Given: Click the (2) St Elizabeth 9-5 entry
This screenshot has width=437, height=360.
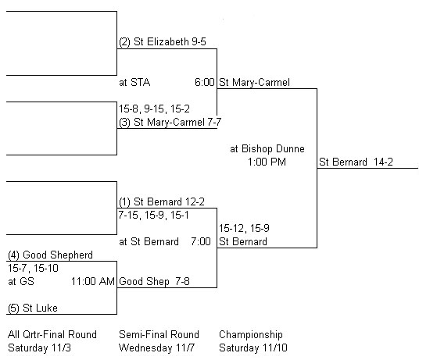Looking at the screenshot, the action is pyautogui.click(x=163, y=42).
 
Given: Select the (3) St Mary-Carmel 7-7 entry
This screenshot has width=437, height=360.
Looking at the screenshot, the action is pyautogui.click(x=170, y=123).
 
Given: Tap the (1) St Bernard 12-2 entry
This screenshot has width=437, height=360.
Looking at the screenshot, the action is pyautogui.click(x=162, y=201).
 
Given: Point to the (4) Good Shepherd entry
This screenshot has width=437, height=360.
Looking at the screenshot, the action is pyautogui.click(x=50, y=255).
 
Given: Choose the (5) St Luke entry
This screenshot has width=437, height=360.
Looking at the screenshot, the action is pyautogui.click(x=33, y=308).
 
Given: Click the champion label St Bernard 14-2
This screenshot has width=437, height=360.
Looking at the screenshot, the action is pyautogui.click(x=356, y=162).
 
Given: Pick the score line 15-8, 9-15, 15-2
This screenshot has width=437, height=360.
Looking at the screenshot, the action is pyautogui.click(x=155, y=109).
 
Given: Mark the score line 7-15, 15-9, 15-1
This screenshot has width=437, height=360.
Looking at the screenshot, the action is pyautogui.click(x=153, y=216).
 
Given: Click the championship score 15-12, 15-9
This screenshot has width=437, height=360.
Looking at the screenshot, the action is pyautogui.click(x=244, y=229).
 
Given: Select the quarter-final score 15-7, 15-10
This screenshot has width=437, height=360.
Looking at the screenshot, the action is pyautogui.click(x=33, y=269).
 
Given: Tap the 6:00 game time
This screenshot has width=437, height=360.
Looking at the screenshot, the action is pyautogui.click(x=205, y=83).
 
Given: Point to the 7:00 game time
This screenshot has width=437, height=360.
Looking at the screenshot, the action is pyautogui.click(x=201, y=241).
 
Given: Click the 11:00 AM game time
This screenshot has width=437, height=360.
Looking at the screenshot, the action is pyautogui.click(x=93, y=281).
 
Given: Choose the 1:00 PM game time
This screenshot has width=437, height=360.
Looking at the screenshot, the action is pyautogui.click(x=267, y=162).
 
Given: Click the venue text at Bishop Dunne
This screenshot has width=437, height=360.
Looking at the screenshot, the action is pyautogui.click(x=267, y=148).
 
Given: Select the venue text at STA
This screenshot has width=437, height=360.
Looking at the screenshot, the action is pyautogui.click(x=134, y=83).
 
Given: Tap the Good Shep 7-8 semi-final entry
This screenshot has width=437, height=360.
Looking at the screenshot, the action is pyautogui.click(x=155, y=281).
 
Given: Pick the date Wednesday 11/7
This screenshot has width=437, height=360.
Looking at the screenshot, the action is pyautogui.click(x=156, y=348).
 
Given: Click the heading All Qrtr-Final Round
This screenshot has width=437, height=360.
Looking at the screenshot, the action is pyautogui.click(x=52, y=334).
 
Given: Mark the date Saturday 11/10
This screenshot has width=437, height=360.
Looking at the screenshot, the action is pyautogui.click(x=253, y=348).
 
